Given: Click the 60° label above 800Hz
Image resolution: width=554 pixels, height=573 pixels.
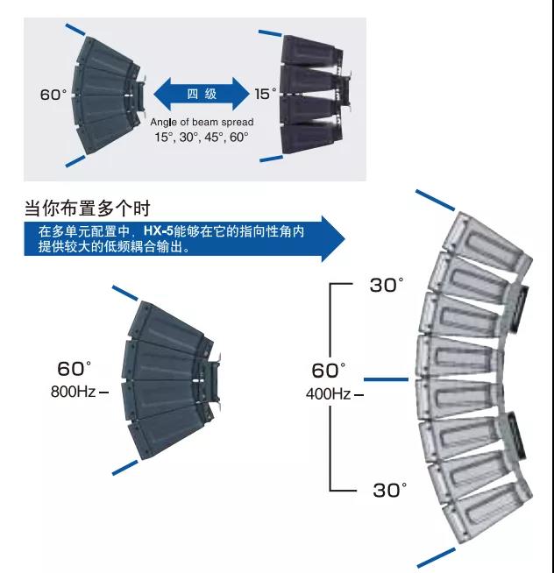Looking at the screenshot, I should (x=75, y=368).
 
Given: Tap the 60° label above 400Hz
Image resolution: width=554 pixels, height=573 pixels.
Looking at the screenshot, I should (x=330, y=371).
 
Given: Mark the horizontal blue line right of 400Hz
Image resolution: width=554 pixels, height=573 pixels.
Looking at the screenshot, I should (x=386, y=379).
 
